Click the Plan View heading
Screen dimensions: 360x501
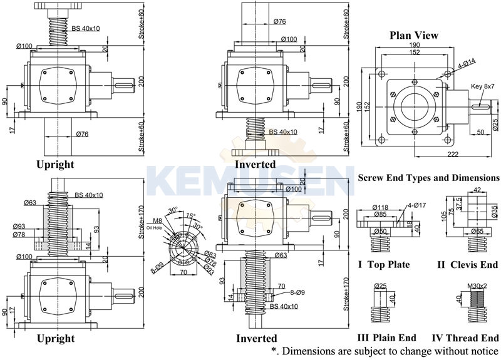(414, 35)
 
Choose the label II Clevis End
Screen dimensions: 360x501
(468, 265)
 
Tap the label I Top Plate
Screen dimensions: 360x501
(384, 265)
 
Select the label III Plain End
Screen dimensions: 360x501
(386, 338)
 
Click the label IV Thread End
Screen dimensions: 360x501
(468, 338)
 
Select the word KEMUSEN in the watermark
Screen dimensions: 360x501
(250, 179)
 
